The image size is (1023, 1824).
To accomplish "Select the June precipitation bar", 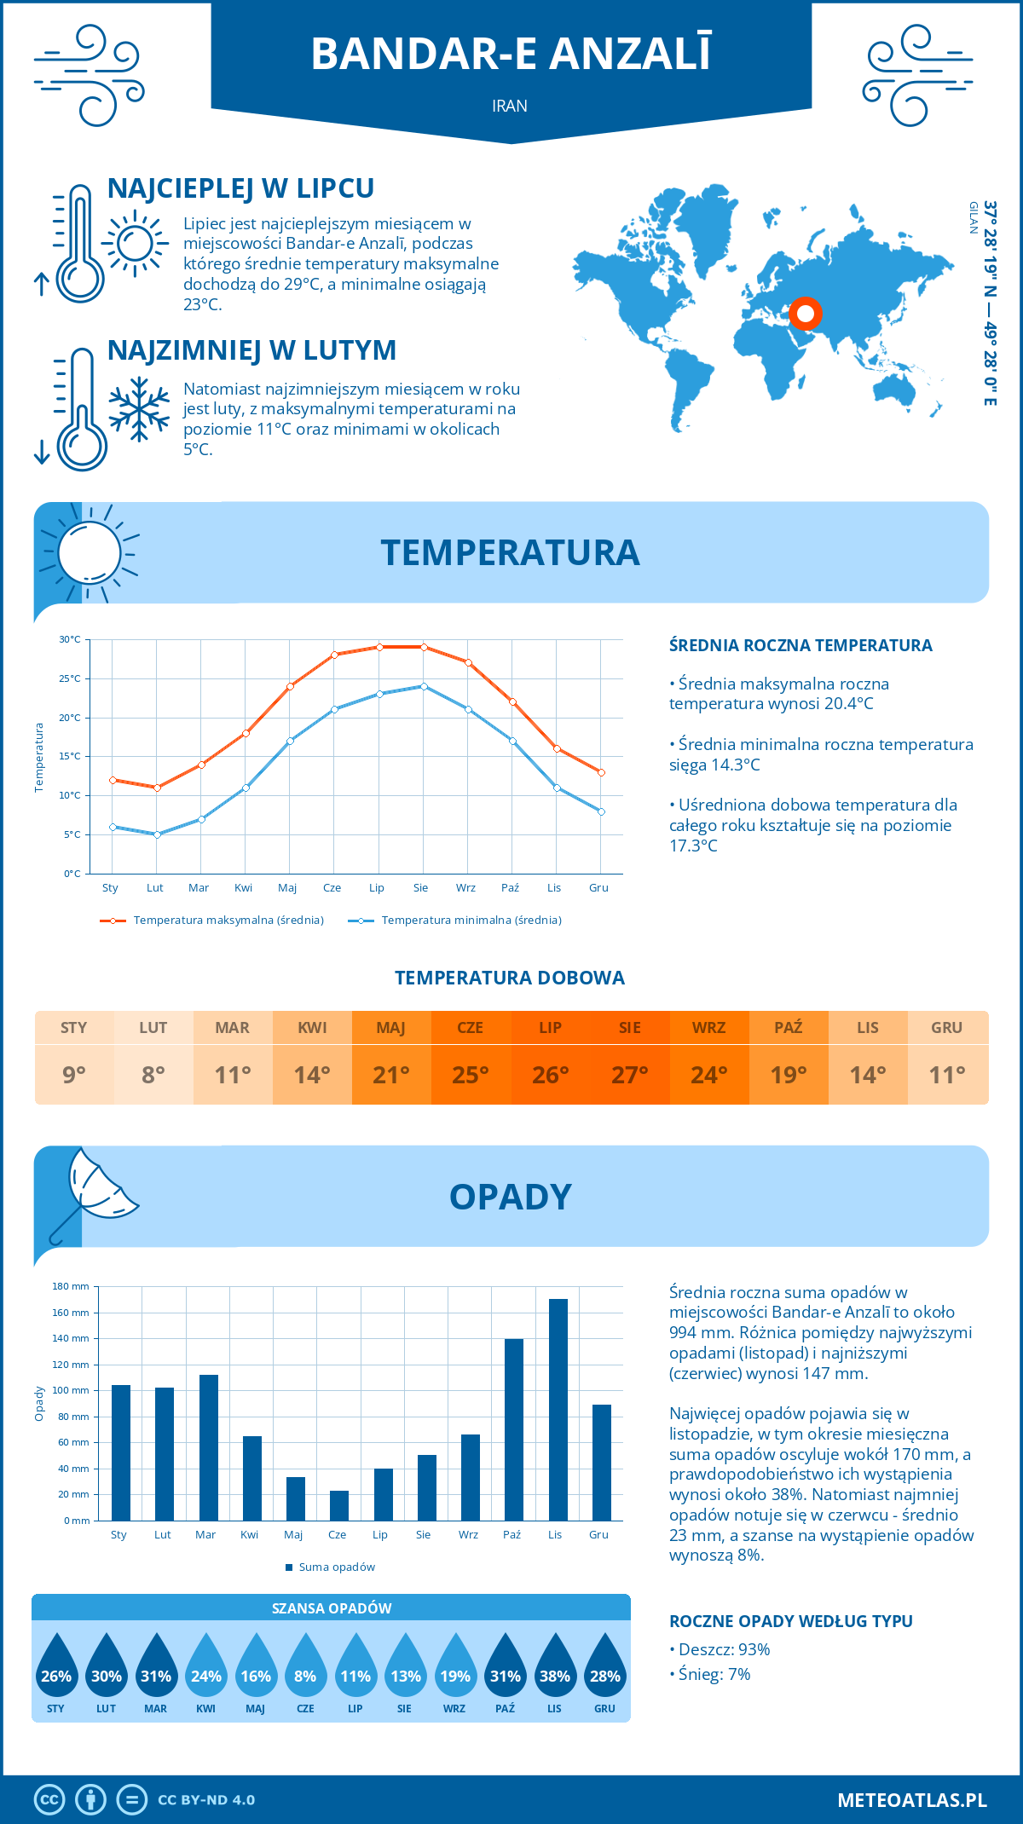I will point(339,1505).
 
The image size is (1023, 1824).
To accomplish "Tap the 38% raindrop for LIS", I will point(555,1671).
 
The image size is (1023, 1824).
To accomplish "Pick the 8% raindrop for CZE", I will point(305,1671).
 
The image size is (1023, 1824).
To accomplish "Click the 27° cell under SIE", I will point(630,1075).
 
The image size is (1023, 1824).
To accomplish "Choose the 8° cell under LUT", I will point(153,1075).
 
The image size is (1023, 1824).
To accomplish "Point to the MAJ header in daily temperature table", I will point(391,1028).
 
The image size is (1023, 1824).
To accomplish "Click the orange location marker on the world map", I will point(805,314).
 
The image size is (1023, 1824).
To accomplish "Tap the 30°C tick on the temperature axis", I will point(70,639).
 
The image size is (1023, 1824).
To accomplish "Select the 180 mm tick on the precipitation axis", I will point(72,1286).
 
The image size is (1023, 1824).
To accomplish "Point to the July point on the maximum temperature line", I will point(379,647).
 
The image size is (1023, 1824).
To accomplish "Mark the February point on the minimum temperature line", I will point(157,834).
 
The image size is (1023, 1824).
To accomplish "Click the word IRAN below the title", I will point(510,106).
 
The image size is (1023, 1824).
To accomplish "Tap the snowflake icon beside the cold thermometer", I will point(139,408).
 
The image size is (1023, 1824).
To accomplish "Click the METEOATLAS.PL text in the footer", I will point(912,1800).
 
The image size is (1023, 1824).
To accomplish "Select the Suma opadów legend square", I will point(289,1567).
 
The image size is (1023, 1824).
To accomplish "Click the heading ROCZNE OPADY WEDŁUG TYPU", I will point(790,1621).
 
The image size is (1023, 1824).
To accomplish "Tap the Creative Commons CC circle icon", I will point(49,1800).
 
